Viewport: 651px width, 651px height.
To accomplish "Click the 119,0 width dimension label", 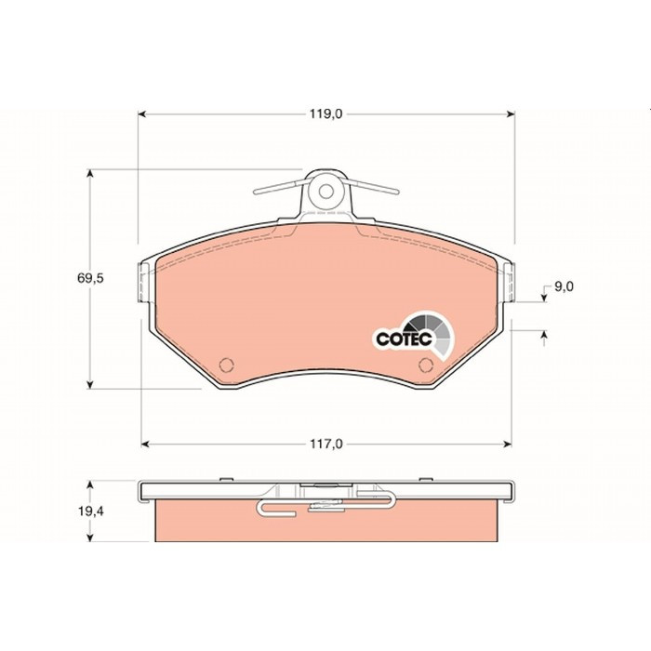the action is coord(325,114).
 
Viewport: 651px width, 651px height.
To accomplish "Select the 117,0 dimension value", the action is coord(326,445).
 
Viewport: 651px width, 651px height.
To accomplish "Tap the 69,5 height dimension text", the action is coord(90,278).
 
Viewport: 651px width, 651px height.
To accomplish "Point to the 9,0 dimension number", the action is coord(564,286).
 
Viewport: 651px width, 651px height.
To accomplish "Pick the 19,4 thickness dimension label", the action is coord(91,511).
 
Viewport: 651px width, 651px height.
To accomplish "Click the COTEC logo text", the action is coord(404,339).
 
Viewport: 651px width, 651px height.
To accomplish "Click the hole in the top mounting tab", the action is coord(325,191).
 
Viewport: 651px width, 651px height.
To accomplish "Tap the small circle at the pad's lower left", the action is coord(226,365).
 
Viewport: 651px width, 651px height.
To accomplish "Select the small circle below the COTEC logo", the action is coord(426,365).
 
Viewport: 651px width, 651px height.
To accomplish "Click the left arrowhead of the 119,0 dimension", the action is coord(142,114).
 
